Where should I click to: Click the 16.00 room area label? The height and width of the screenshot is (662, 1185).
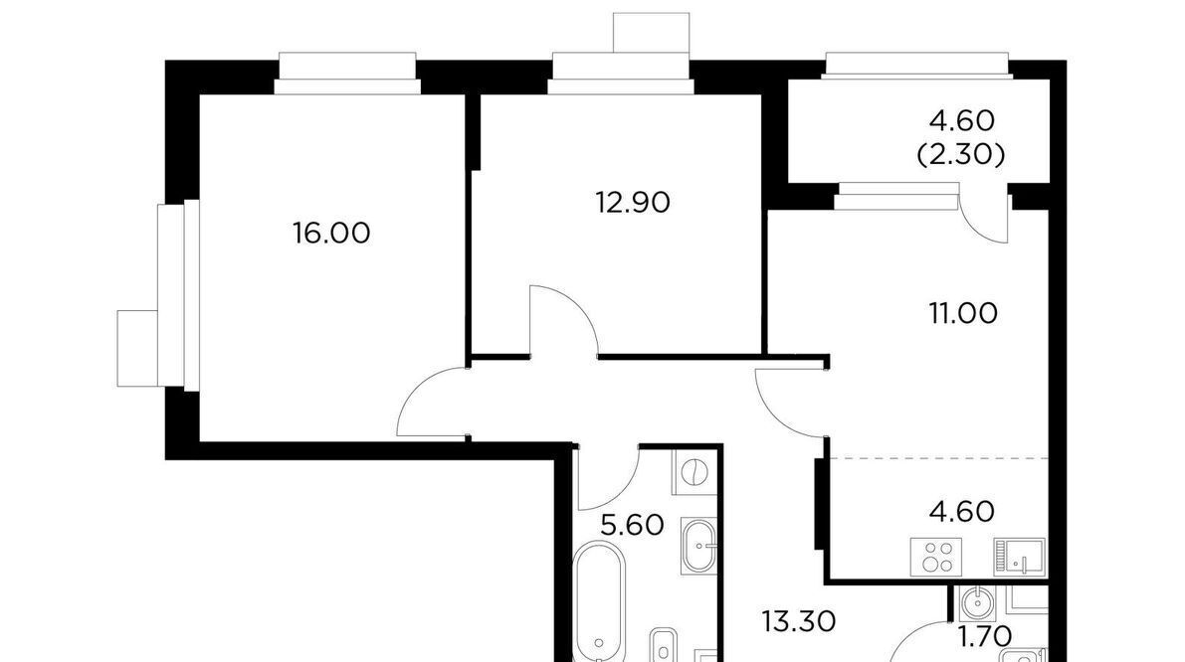pyautogui.click(x=331, y=234)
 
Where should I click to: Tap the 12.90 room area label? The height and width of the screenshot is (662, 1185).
pyautogui.click(x=633, y=203)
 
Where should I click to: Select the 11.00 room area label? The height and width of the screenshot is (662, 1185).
pyautogui.click(x=963, y=312)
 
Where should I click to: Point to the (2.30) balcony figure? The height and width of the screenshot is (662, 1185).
pyautogui.click(x=961, y=155)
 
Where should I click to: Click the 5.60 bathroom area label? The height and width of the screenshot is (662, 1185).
pyautogui.click(x=632, y=524)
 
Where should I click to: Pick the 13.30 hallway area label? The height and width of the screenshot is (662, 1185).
pyautogui.click(x=798, y=622)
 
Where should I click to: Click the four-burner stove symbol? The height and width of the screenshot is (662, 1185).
pyautogui.click(x=936, y=557)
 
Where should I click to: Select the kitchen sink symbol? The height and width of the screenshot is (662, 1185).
pyautogui.click(x=1019, y=557)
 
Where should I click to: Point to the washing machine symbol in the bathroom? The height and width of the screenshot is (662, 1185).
pyautogui.click(x=693, y=473)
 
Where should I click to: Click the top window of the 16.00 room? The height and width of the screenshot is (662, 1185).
pyautogui.click(x=347, y=74)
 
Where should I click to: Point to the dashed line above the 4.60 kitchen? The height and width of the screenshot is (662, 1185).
pyautogui.click(x=939, y=458)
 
